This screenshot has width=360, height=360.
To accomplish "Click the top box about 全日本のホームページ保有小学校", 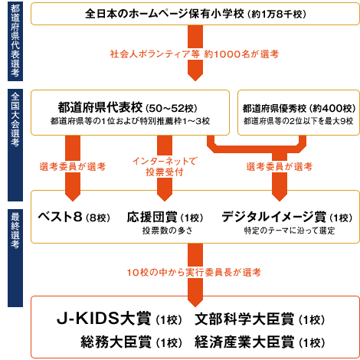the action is (x=195, y=14).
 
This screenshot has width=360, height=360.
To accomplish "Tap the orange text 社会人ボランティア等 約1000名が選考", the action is (x=195, y=54).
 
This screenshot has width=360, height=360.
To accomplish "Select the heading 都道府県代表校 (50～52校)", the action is (x=127, y=107).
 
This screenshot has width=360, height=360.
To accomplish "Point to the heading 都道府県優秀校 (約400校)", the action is (x=299, y=109).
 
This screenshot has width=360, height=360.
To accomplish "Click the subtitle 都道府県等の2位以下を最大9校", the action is (x=299, y=121).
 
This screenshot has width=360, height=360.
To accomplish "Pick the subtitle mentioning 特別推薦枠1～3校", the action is (x=130, y=121).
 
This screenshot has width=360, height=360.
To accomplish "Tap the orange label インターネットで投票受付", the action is (x=165, y=167).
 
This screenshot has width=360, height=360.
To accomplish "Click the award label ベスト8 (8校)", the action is (x=74, y=218).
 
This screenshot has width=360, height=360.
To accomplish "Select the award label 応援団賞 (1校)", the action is (x=165, y=218).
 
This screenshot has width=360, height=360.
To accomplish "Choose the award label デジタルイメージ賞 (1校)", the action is (x=287, y=218).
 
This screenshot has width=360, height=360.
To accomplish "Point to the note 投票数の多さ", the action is (x=168, y=231).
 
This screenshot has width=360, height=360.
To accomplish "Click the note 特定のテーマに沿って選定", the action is (x=290, y=231).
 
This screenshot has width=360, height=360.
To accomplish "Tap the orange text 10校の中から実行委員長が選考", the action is (x=194, y=273).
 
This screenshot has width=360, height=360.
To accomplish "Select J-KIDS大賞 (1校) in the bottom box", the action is (x=119, y=319).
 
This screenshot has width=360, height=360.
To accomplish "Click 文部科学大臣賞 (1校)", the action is (x=260, y=319).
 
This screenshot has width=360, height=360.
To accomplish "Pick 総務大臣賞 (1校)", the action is (x=131, y=342).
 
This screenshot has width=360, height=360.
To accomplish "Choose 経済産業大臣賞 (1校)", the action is (x=260, y=342).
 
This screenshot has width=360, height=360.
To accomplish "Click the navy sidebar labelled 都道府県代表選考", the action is (x=15, y=41).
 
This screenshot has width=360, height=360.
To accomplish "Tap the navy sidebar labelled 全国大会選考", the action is (x=15, y=145).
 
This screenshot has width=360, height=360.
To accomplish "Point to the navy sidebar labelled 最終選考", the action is (x=15, y=258).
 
